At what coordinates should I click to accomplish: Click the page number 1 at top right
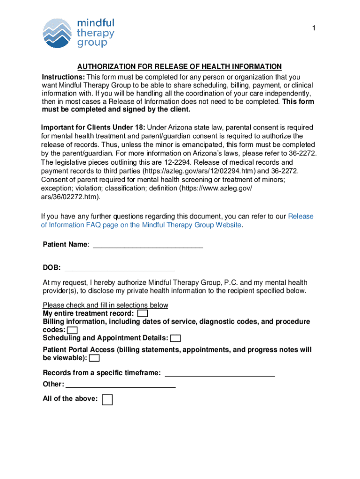tap(314, 29)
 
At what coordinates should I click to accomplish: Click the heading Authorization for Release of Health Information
tap(180, 67)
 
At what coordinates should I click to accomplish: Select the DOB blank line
tap(120, 268)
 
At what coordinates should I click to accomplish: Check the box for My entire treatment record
tap(143, 313)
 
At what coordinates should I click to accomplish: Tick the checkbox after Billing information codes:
tap(72, 330)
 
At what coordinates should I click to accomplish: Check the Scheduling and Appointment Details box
tap(176, 338)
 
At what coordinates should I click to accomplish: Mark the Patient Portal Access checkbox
tap(94, 358)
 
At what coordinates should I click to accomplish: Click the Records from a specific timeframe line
tap(220, 373)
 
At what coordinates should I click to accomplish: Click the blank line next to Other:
tap(121, 385)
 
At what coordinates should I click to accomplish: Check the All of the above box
tap(107, 399)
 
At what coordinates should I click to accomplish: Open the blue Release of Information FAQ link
tap(178, 220)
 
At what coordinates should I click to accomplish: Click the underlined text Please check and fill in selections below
tap(105, 305)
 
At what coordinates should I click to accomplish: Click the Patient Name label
tap(65, 245)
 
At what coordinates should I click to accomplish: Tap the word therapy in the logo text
tap(95, 33)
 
